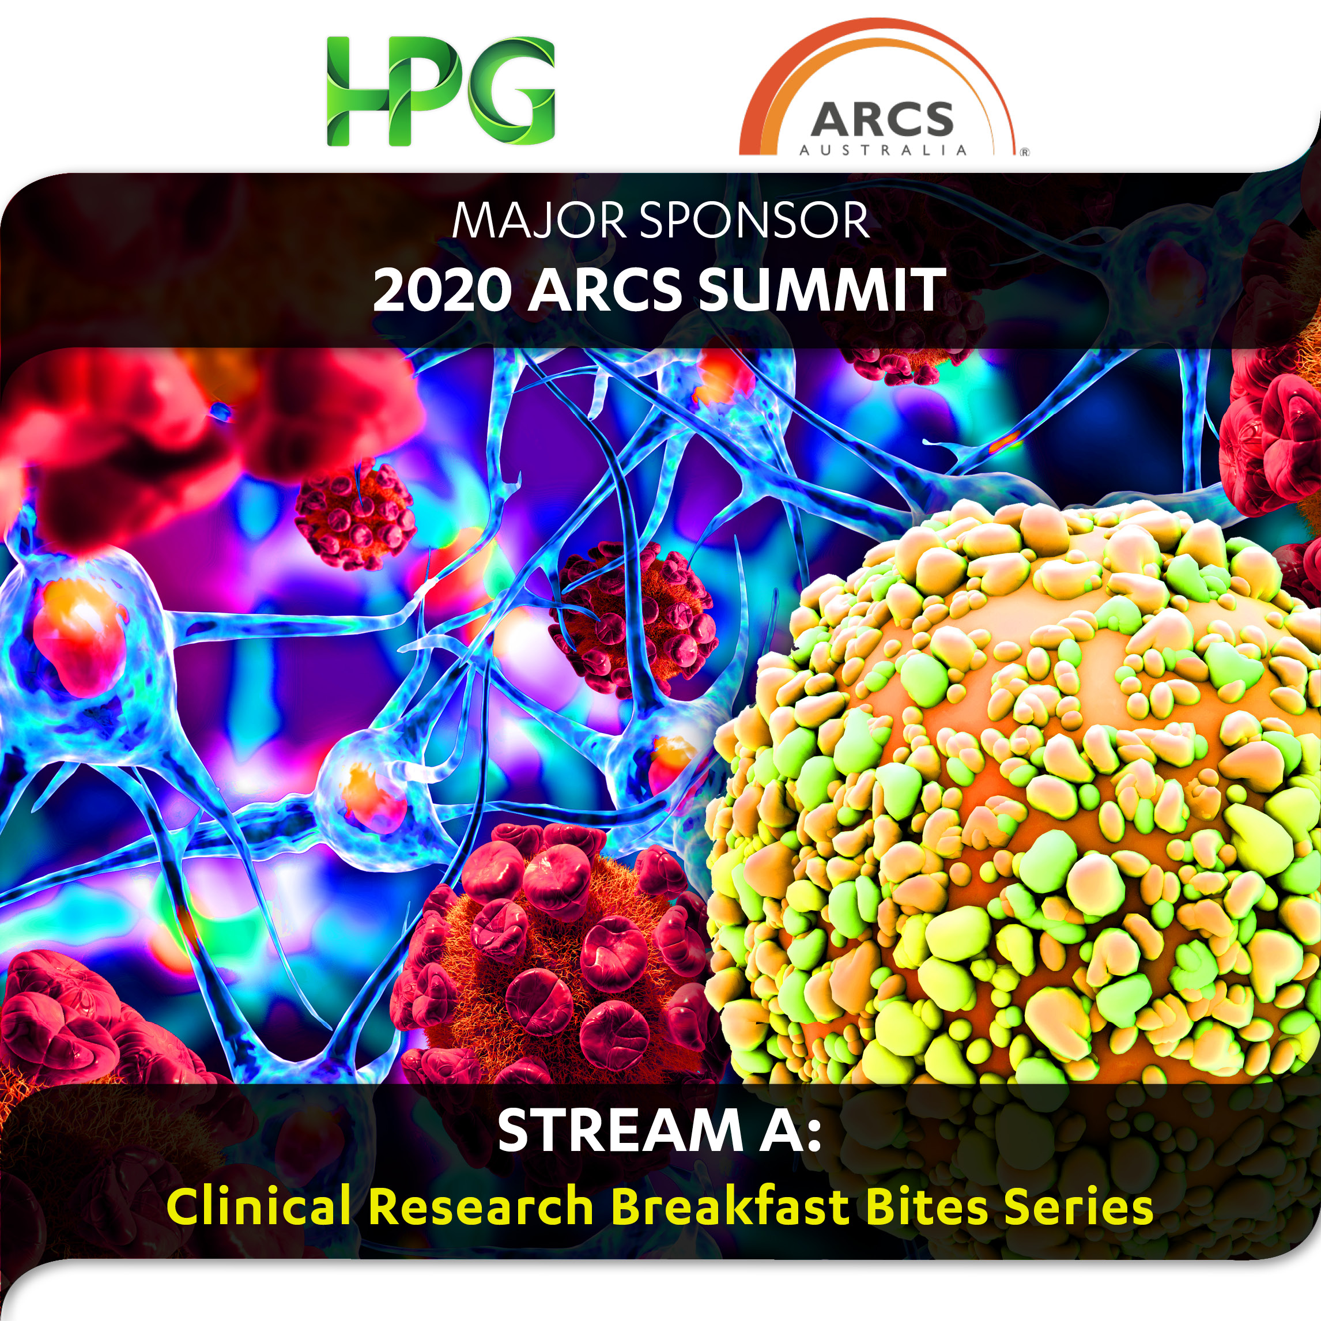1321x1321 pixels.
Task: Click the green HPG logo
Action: click(440, 90)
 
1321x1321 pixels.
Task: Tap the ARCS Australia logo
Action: click(884, 89)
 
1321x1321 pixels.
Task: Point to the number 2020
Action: click(443, 290)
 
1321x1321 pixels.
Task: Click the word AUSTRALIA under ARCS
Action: click(884, 150)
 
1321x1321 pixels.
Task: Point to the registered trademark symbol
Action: click(1024, 153)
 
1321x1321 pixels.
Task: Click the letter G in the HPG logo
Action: click(511, 90)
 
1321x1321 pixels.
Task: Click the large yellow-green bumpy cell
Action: click(1012, 793)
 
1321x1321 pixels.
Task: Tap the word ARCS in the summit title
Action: click(605, 290)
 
